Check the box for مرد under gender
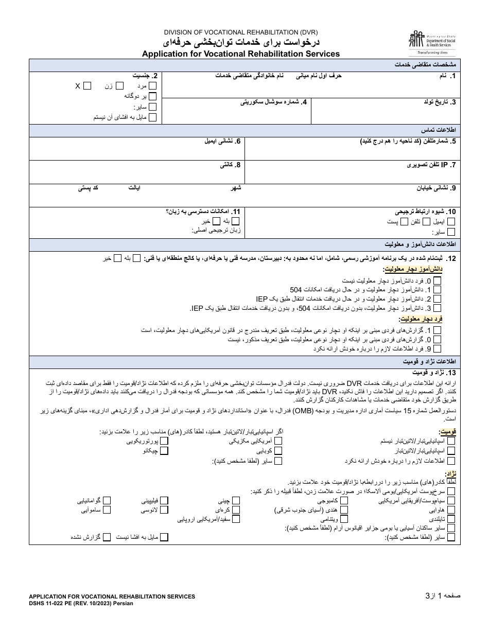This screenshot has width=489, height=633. [153, 86]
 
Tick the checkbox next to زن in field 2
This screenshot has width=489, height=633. [119, 86]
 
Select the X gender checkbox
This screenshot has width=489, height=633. [88, 86]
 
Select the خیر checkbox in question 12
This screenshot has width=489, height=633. [117, 258]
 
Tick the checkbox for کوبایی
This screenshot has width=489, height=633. [278, 451]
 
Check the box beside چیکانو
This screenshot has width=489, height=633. [164, 451]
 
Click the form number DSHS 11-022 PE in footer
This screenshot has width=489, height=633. [81, 604]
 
